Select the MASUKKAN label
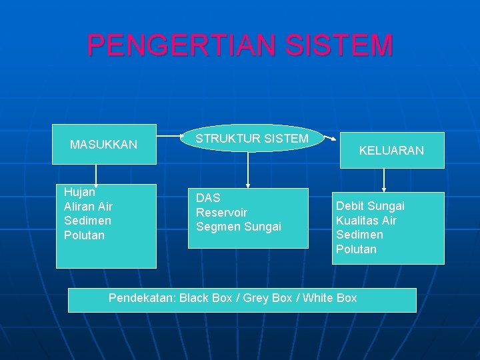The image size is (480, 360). [x=104, y=144]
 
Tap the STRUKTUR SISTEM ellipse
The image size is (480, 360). [x=251, y=139]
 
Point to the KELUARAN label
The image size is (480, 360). [x=391, y=151]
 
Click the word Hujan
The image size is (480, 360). [x=80, y=191]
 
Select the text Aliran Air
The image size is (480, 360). [x=88, y=206]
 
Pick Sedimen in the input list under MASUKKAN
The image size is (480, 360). [x=87, y=221]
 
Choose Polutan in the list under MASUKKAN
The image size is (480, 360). [x=84, y=235]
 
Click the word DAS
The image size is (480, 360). [x=208, y=198]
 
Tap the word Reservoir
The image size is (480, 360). [x=221, y=213]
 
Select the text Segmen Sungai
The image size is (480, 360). [x=239, y=227]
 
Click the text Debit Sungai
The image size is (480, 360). [x=370, y=205]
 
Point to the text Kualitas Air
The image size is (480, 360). [x=366, y=220]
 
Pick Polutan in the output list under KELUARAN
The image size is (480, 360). [x=356, y=249]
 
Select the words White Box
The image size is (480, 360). [x=329, y=298]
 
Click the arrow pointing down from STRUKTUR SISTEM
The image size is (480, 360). [x=248, y=169]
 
